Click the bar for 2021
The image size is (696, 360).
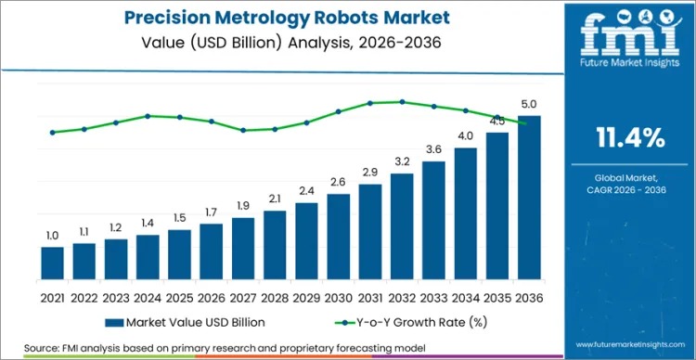point(53,266)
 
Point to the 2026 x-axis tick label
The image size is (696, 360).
point(212,299)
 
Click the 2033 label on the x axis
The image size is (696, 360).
point(433,299)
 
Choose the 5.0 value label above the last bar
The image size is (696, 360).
point(529,104)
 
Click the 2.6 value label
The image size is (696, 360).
point(338,182)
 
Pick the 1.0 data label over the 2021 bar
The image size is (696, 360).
point(53,236)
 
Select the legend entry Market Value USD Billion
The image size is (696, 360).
point(185,322)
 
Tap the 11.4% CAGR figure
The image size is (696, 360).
point(628,139)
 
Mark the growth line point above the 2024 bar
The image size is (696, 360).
point(148,116)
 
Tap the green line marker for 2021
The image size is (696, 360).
point(53,132)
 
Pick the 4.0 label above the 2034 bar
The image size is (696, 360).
point(465,136)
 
